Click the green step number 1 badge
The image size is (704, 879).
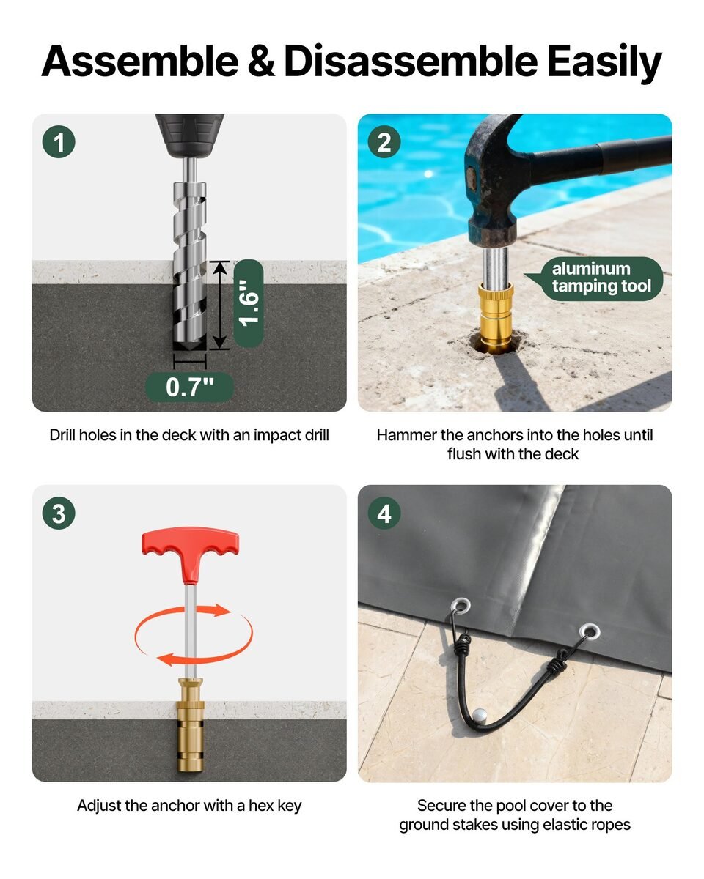tap(59, 141)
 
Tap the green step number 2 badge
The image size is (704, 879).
tap(384, 141)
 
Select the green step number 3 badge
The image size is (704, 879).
tap(59, 513)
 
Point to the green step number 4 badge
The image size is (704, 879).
tap(384, 513)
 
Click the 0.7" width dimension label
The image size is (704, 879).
tap(189, 387)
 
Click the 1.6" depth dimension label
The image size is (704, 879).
tap(249, 303)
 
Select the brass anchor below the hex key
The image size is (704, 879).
tap(190, 725)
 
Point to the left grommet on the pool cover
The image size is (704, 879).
tap(461, 606)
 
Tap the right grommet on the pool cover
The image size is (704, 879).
tap(589, 631)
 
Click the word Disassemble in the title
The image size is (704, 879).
tap(410, 62)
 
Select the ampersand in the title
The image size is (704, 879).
tap(261, 62)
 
